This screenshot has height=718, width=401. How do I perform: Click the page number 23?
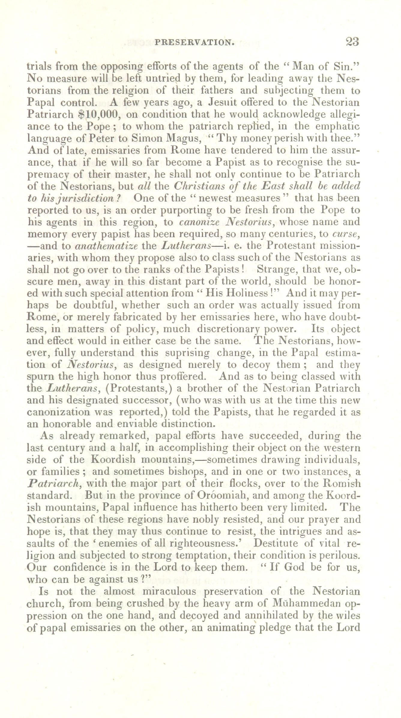tap(352, 41)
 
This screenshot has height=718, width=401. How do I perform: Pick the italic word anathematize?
tap(106, 246)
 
